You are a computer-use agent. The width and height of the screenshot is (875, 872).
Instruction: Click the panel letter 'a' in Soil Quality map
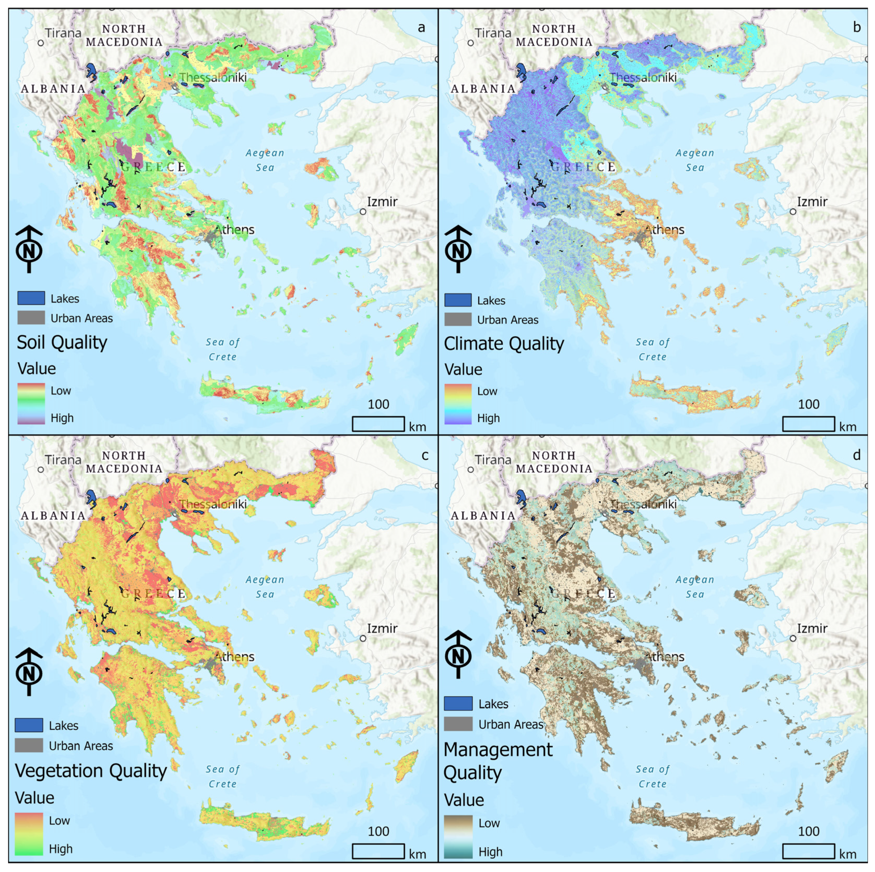421,28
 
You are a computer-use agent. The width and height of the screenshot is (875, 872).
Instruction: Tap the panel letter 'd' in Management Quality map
856,455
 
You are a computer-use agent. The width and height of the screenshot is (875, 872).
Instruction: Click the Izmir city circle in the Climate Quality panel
792,211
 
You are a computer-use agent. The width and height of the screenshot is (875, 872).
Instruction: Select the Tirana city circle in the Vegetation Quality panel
41,470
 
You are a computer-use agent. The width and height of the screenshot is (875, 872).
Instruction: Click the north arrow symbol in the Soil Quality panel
29,249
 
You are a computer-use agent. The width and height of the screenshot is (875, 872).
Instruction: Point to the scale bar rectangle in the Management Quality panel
808,851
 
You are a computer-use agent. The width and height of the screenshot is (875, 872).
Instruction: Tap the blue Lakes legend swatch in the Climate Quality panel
457,300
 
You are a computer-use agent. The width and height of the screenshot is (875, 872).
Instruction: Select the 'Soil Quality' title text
62,342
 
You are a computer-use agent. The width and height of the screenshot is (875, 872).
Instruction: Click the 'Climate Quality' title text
504,344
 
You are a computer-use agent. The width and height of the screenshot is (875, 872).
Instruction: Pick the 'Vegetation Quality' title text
91,770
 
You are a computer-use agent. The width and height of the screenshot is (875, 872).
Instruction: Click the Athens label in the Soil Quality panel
234,230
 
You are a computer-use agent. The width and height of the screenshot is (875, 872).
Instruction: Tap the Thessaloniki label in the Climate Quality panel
643,77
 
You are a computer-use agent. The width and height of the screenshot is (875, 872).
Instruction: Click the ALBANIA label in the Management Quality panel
483,515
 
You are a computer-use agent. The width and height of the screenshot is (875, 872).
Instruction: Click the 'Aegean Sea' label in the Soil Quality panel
265,160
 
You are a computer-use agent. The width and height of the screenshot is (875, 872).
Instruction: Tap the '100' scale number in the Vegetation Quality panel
378,831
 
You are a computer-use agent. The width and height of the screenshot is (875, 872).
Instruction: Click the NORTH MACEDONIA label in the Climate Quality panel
554,35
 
